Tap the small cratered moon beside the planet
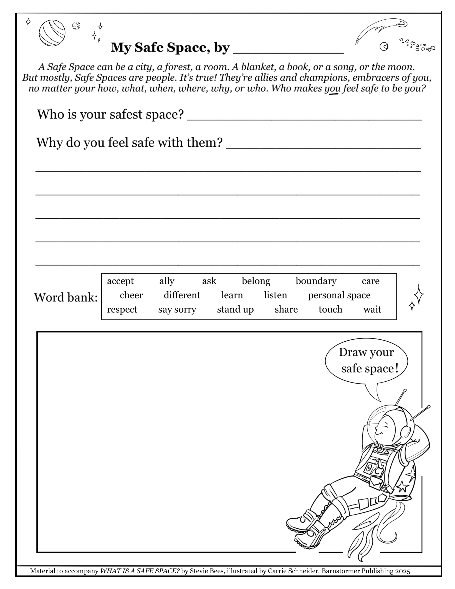tap(76, 26)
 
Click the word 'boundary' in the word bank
tap(316, 281)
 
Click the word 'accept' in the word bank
tap(120, 281)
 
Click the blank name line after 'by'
tap(288, 50)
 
